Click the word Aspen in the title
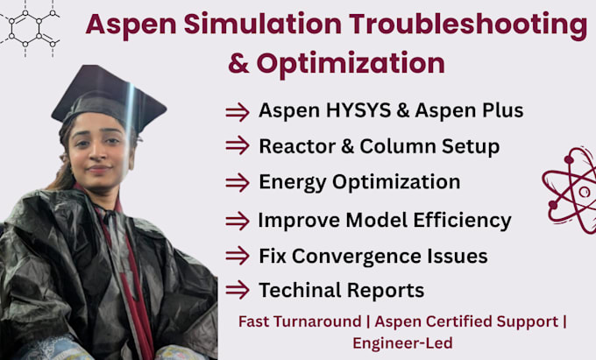[131, 25]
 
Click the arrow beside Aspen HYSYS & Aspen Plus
[237, 111]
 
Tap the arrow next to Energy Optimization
[237, 182]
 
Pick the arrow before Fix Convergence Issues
[237, 257]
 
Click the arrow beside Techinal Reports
[237, 290]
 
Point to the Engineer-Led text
[402, 343]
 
